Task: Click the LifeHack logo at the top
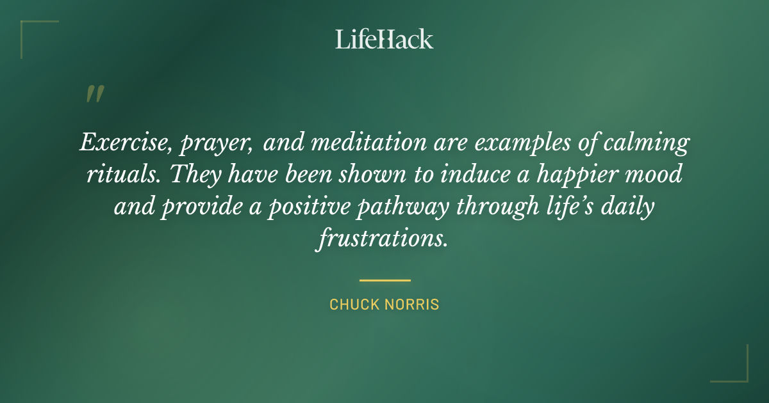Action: click(x=384, y=39)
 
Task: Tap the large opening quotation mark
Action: click(x=94, y=94)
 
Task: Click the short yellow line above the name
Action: click(x=384, y=280)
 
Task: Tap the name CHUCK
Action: click(x=354, y=304)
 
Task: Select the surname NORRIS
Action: click(x=413, y=304)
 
